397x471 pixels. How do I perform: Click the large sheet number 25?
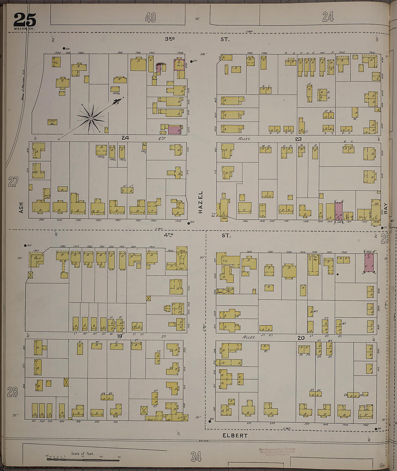click(x=25, y=19)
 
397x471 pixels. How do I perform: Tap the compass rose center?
click(x=91, y=118)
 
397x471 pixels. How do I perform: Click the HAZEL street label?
click(x=200, y=202)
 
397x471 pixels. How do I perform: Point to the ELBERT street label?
click(x=235, y=435)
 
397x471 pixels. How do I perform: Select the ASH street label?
click(x=21, y=207)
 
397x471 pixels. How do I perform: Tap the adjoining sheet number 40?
click(x=150, y=17)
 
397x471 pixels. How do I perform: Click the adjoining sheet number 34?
click(x=196, y=457)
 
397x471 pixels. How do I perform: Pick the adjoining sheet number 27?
click(x=13, y=182)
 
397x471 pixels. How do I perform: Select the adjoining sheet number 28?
click(x=12, y=392)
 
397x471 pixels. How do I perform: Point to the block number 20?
click(x=301, y=338)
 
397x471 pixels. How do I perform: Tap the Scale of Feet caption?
click(x=82, y=454)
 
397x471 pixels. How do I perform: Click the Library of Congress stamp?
click(x=276, y=452)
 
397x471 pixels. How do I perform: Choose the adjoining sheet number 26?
click(x=384, y=238)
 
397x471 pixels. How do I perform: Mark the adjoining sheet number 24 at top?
click(x=328, y=16)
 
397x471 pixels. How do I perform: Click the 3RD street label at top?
click(x=170, y=39)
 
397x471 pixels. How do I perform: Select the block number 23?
click(x=298, y=138)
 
